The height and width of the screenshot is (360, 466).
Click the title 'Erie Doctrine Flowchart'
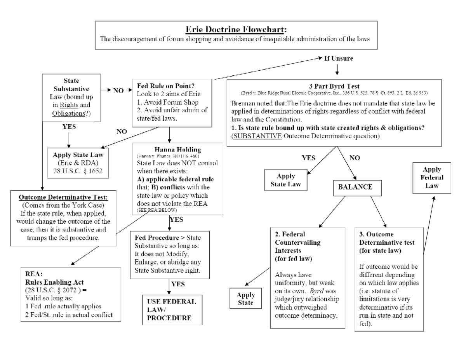(236, 30)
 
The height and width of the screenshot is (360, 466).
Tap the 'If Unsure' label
(338, 58)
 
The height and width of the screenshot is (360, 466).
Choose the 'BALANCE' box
(355, 187)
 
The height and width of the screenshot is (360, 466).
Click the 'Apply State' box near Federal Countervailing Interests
(245, 299)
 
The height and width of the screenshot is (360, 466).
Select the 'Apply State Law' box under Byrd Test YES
(285, 180)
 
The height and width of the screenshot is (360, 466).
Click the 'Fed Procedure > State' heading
(167, 238)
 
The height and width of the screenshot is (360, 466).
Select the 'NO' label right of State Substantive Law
(118, 90)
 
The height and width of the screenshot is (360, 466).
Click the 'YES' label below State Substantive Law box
(69, 127)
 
